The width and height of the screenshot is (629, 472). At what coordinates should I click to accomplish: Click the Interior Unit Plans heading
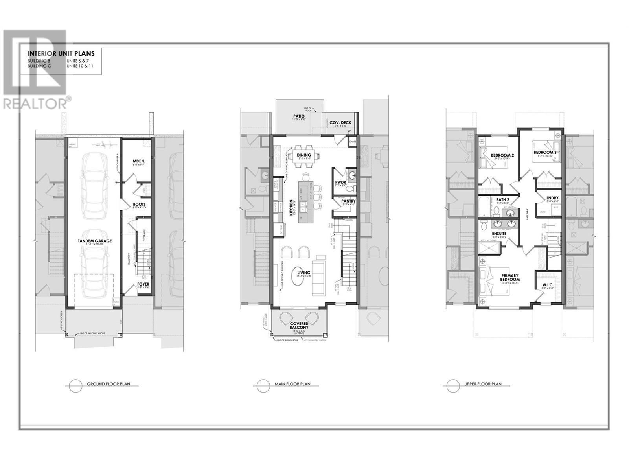[61, 54]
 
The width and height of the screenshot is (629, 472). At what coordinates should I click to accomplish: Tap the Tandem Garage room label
[94, 241]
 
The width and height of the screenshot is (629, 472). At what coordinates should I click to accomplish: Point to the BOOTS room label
[139, 204]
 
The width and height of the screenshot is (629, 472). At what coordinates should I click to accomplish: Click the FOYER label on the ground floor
[143, 284]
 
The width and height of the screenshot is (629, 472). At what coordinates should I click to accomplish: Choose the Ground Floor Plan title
[108, 384]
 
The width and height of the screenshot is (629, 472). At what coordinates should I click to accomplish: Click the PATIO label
[299, 116]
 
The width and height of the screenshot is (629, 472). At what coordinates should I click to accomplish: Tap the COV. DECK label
[340, 123]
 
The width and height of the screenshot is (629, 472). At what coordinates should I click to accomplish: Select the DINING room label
[304, 155]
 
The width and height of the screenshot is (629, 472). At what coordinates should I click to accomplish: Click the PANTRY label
[348, 201]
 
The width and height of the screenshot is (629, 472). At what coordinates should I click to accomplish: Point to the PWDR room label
[340, 182]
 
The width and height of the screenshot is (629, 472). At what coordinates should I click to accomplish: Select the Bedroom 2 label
[502, 155]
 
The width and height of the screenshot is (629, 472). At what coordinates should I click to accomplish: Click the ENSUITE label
[499, 234]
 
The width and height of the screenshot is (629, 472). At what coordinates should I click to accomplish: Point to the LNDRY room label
[552, 198]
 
